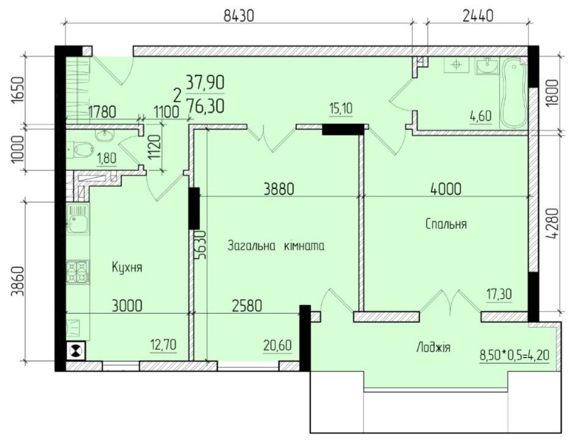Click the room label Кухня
(x=127, y=267)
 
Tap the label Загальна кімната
(x=276, y=247)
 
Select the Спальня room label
(x=446, y=224)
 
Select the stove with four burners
(x=79, y=272)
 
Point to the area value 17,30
(x=499, y=294)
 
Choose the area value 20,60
(x=278, y=345)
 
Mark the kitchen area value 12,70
(x=163, y=346)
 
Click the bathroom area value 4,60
(x=480, y=116)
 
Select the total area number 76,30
(x=205, y=106)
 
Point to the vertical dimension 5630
(x=201, y=245)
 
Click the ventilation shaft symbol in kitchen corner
(x=75, y=351)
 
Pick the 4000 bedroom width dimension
(x=445, y=189)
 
